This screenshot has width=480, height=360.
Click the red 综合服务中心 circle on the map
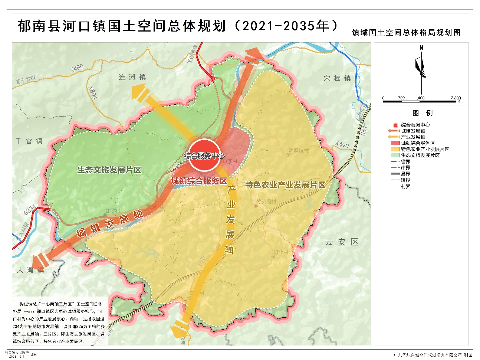click(x=204, y=155)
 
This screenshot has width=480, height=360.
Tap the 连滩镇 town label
click(x=132, y=77)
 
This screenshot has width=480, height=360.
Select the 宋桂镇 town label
click(x=337, y=78)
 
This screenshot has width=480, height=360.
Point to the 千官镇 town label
click(x=29, y=141)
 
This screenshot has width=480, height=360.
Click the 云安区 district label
click(x=342, y=242)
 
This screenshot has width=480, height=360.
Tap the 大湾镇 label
click(x=30, y=270)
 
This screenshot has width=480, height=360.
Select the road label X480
click(x=77, y=68)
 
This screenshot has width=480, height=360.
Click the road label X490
click(x=342, y=144)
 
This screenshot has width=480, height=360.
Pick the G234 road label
click(x=30, y=210)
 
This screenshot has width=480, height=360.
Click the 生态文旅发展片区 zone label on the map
click(x=109, y=170)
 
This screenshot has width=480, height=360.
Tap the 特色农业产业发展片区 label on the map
click(x=285, y=185)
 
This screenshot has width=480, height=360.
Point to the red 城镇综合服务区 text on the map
click(x=199, y=181)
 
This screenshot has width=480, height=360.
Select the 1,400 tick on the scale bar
click(x=420, y=98)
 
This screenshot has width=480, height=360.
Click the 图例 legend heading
click(x=422, y=113)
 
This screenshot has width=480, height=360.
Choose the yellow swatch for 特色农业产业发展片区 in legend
click(x=395, y=149)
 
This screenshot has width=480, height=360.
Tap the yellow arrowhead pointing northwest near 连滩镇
click(x=138, y=91)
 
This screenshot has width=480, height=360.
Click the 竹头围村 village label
click(x=266, y=202)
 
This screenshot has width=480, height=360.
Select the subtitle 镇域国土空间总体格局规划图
click(x=406, y=33)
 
